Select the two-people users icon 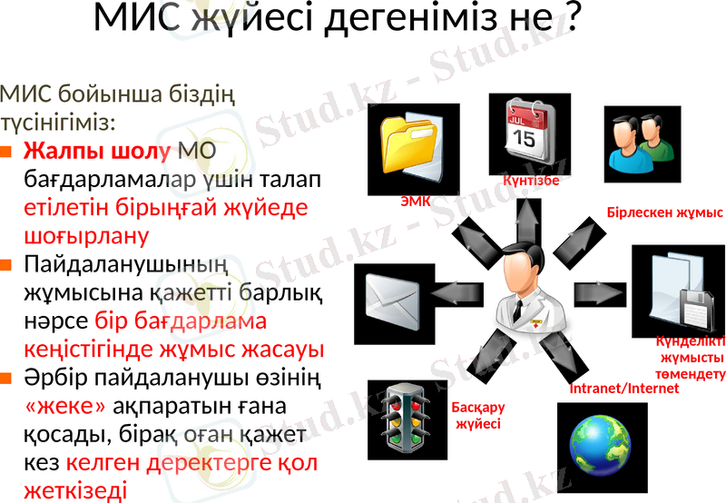click(x=640, y=143)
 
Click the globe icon click(x=600, y=442)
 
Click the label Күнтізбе click(x=531, y=180)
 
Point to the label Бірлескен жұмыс click(x=664, y=213)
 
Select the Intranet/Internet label click(x=623, y=389)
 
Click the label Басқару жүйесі click(x=478, y=416)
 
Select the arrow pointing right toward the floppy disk click(x=598, y=292)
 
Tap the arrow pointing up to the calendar click(x=525, y=219)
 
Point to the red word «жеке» click(x=65, y=404)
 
